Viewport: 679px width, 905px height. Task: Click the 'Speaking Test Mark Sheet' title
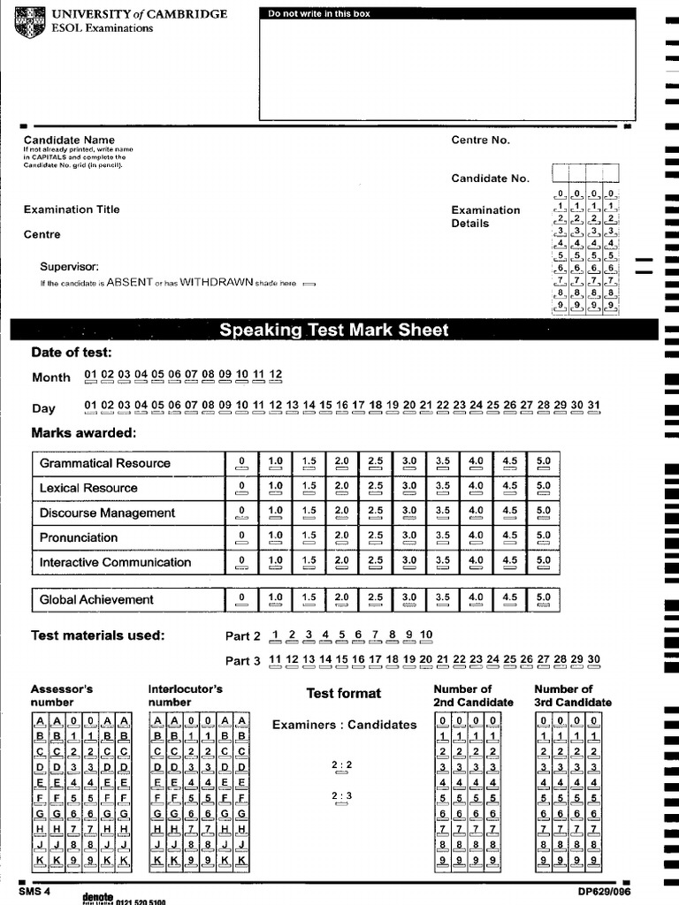tap(334, 331)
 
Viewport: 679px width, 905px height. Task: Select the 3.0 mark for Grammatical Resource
tap(409, 464)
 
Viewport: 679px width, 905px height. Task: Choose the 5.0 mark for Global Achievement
tap(543, 600)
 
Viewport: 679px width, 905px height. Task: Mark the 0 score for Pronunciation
tap(240, 538)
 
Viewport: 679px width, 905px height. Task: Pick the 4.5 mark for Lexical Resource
tap(509, 489)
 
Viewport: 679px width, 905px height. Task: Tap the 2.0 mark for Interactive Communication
tap(341, 563)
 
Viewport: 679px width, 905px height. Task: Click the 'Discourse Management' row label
tap(107, 513)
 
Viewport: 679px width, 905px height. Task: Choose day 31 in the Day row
tap(593, 407)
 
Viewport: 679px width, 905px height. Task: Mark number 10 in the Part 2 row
tap(426, 636)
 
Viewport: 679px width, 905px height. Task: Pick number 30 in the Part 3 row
tap(593, 661)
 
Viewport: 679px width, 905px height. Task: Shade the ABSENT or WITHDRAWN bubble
tap(309, 285)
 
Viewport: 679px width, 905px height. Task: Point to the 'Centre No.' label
tap(480, 141)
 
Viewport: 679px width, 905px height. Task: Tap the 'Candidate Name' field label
tap(69, 140)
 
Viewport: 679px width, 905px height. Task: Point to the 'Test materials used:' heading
tap(97, 635)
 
